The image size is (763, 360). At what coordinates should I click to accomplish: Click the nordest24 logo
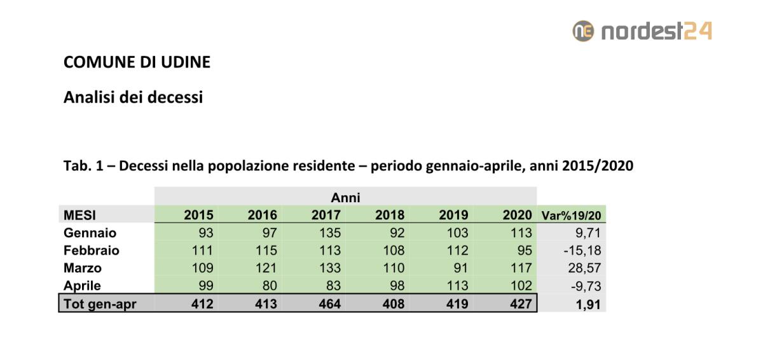point(642,31)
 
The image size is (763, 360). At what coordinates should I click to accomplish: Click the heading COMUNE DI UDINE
point(137,62)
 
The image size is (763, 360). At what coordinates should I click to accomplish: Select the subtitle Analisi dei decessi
point(133,97)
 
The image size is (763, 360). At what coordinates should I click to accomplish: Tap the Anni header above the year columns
point(346,198)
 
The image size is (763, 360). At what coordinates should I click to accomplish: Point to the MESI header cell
point(79,215)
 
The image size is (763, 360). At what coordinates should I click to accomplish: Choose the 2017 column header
point(326,215)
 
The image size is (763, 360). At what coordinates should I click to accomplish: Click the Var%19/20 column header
point(570,216)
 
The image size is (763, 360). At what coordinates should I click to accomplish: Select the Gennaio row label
point(90,233)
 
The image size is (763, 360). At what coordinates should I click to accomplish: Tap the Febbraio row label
point(91,251)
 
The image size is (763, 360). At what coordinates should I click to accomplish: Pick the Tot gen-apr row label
point(99,304)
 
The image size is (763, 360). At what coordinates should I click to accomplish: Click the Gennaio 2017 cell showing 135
point(329,233)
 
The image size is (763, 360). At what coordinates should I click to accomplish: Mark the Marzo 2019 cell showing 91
point(460,268)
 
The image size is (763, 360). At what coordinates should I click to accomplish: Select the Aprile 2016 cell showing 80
point(268,286)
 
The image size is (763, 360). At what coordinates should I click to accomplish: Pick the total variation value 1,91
point(589,304)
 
